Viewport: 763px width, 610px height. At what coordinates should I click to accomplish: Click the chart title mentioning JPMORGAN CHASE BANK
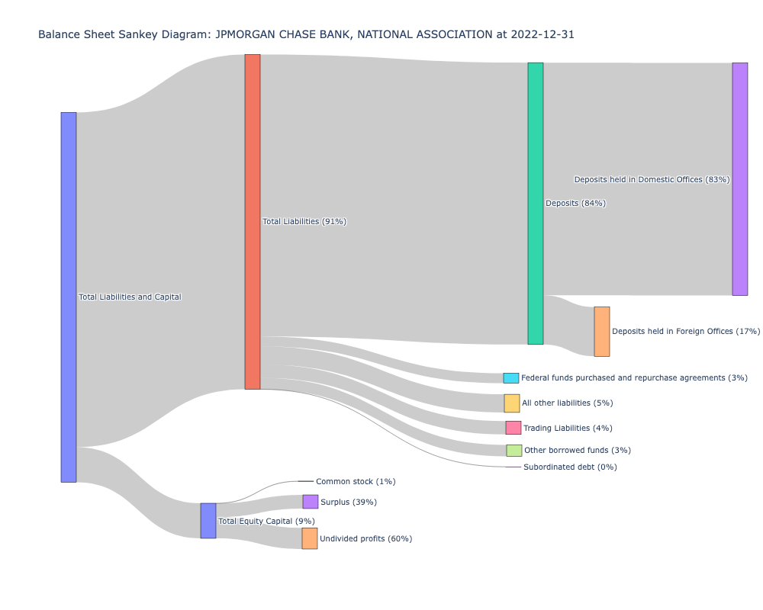[311, 34]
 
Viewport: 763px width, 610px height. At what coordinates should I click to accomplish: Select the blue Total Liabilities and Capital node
[69, 297]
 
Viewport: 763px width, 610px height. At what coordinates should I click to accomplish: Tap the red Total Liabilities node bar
[253, 221]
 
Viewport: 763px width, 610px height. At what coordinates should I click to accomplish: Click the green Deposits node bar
[536, 204]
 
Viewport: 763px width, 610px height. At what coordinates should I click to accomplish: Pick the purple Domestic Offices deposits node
[739, 179]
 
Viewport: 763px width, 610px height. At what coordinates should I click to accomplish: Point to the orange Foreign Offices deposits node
[602, 332]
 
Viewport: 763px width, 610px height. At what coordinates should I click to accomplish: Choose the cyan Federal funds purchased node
[511, 378]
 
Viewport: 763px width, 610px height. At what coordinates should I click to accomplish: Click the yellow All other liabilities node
[512, 403]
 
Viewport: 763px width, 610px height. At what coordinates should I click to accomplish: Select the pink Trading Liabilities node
[513, 428]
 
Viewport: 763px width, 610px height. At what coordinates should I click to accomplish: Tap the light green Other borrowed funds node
[514, 451]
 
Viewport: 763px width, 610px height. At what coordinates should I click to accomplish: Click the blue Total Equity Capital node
[208, 521]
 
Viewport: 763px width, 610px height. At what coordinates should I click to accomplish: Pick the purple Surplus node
[311, 502]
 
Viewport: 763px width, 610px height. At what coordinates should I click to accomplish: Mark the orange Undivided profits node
[310, 538]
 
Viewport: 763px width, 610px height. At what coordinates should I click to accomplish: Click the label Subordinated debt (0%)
[570, 467]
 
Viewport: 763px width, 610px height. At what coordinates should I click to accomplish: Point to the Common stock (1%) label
[356, 481]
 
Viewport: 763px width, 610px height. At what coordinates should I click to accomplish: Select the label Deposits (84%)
[575, 204]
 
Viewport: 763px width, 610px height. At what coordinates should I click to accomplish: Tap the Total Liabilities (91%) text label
[304, 221]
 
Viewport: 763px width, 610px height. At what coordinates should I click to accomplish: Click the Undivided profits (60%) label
[365, 538]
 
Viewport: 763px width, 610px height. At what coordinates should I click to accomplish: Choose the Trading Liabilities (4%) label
[568, 428]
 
